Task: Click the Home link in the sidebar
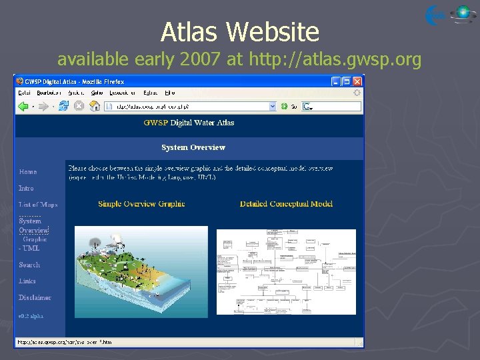tap(28, 172)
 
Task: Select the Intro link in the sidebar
tap(26, 188)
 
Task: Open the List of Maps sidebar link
tap(38, 205)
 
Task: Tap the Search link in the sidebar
tap(29, 265)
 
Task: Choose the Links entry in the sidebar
tap(27, 281)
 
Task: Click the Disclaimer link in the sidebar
tap(35, 298)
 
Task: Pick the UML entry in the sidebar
tap(29, 248)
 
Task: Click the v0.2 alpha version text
tap(31, 315)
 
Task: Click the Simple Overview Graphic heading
tap(141, 204)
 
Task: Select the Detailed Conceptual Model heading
tap(286, 204)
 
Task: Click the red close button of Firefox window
tap(357, 81)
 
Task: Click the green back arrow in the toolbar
tap(23, 106)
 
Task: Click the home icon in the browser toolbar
tap(95, 106)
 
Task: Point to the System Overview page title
tap(193, 147)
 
